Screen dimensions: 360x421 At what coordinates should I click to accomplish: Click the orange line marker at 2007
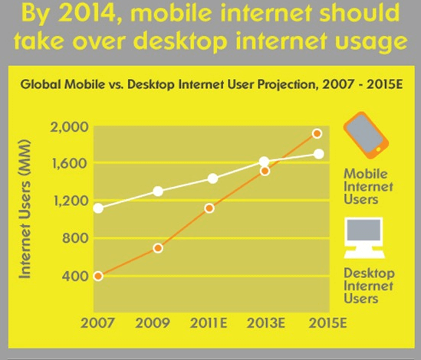click(98, 276)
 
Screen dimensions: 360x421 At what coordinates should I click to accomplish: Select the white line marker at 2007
click(98, 208)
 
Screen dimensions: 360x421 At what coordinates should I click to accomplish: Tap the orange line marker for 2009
click(159, 248)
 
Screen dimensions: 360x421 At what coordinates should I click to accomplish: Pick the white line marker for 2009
click(159, 191)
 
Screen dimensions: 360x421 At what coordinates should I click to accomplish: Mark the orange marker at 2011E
click(209, 208)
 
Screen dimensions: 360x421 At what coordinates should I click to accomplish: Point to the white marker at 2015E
click(319, 154)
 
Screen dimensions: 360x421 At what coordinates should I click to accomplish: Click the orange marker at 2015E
click(316, 134)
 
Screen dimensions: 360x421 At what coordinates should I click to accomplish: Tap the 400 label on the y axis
click(73, 276)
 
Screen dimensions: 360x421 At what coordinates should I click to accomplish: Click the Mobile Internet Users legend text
click(368, 186)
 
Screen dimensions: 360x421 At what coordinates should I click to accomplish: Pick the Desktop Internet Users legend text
click(369, 286)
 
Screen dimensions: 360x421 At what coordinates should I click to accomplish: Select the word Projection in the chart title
click(265, 85)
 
